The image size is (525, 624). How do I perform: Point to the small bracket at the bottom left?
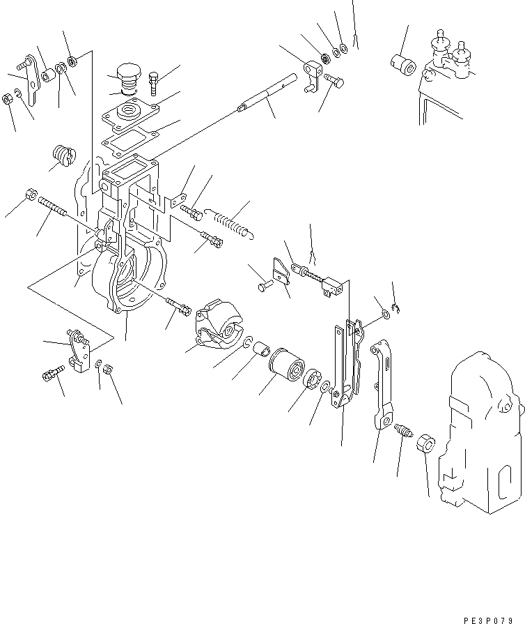point(76,349)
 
